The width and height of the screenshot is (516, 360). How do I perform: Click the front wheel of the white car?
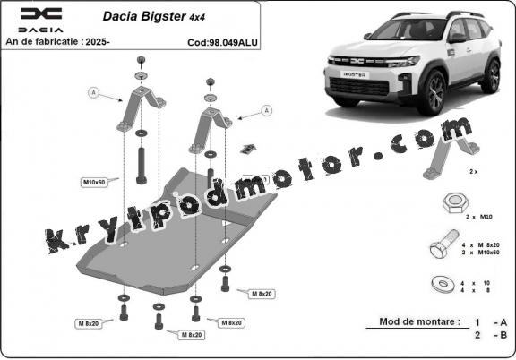(x=434, y=92)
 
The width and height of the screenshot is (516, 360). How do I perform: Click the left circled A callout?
(x=93, y=91)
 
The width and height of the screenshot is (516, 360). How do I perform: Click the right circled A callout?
(x=265, y=110)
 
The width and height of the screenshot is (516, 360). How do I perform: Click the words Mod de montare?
(x=420, y=321)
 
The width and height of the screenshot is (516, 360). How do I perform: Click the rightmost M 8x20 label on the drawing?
(x=262, y=294)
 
